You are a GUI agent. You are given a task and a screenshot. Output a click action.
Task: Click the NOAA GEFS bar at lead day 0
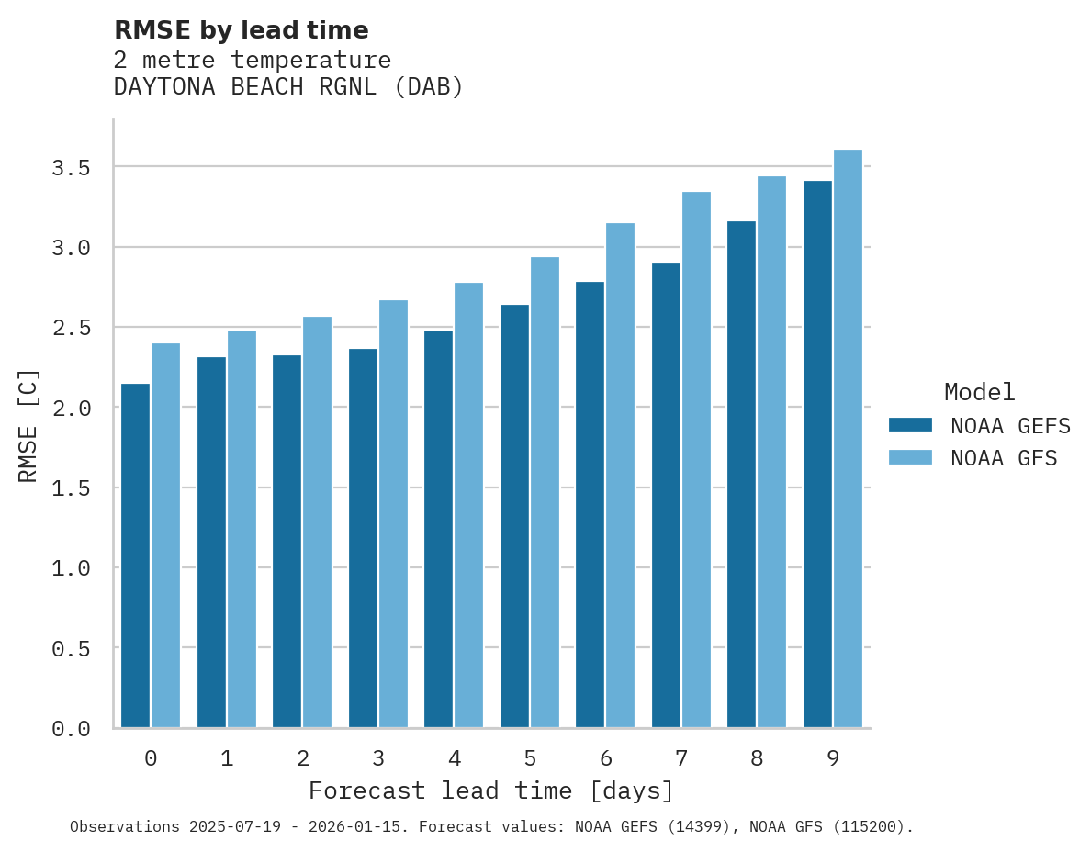click(135, 555)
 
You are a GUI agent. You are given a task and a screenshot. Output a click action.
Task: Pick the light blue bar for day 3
click(393, 514)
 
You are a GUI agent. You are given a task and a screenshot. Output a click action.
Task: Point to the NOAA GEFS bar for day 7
click(666, 496)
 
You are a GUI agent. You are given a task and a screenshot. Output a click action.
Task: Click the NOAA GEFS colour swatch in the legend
click(910, 425)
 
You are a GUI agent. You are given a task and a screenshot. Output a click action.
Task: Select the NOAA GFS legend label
click(1004, 458)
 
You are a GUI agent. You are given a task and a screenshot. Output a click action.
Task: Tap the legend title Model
click(979, 392)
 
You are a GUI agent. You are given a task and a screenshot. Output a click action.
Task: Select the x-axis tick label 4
click(454, 758)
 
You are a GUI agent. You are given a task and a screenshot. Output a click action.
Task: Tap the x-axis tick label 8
click(757, 758)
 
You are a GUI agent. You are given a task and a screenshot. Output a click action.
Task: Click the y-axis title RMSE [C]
click(28, 425)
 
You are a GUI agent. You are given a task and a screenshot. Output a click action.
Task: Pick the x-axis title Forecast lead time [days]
click(491, 790)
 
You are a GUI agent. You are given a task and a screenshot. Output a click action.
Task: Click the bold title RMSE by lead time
click(241, 30)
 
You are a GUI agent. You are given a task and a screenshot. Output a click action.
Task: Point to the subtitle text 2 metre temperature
click(252, 60)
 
